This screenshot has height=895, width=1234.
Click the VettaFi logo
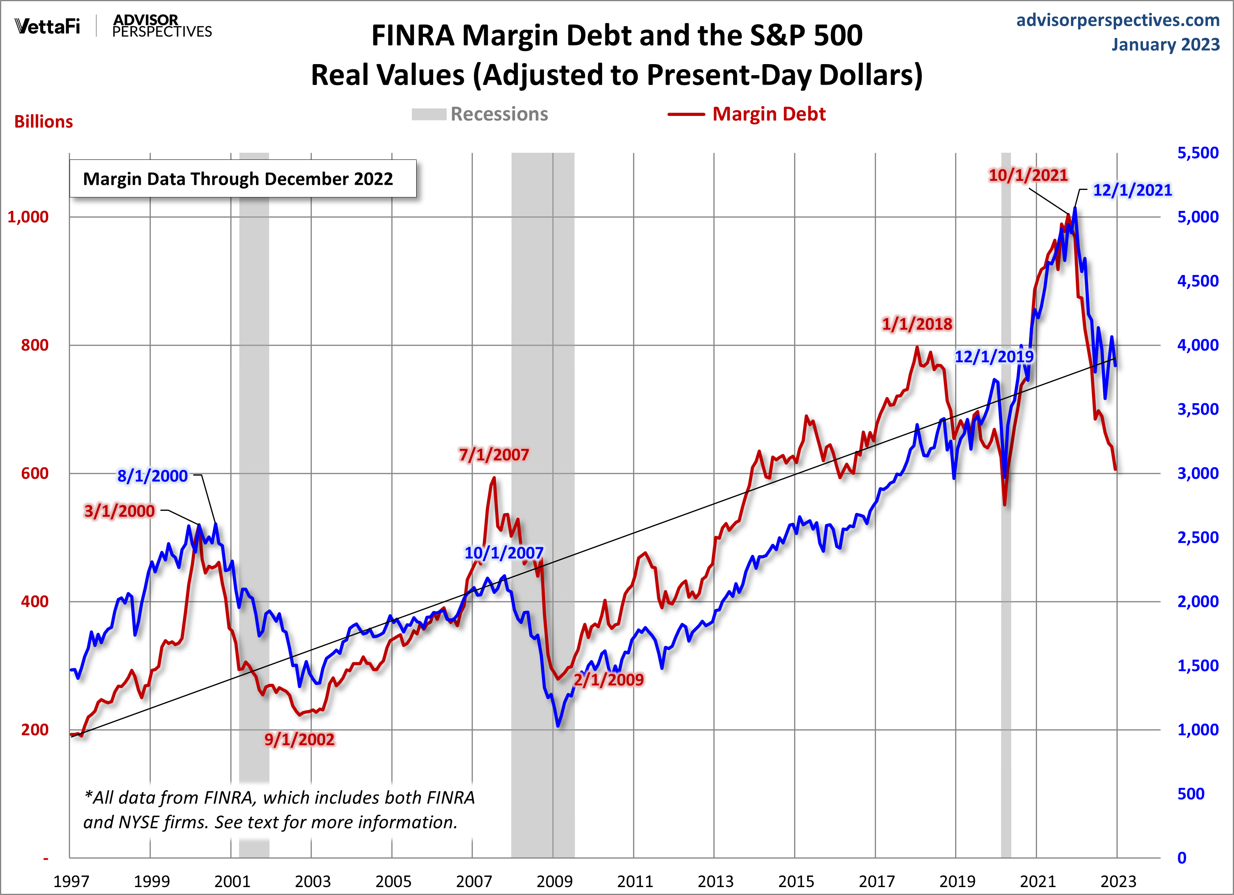47,26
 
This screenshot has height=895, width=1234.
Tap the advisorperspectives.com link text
1118,20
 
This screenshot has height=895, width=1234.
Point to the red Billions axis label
44,122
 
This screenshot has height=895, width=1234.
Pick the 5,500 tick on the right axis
1198,153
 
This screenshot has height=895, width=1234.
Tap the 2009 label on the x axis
554,881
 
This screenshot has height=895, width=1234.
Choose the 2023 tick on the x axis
1118,881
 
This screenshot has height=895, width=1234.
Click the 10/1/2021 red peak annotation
1028,175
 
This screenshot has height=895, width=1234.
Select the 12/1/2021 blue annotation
1132,190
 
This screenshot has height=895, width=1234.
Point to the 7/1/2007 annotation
493,454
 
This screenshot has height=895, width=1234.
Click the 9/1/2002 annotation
299,740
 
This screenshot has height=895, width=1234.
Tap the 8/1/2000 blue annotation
152,476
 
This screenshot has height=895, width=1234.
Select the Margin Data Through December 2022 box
243,178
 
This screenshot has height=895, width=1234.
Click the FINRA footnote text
279,810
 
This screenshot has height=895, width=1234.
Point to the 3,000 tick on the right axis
1198,473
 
